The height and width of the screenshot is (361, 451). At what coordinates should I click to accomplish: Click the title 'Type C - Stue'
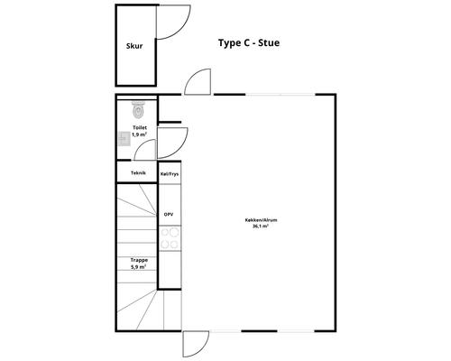[249, 43]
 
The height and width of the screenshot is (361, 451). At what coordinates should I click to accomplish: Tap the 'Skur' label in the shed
[134, 46]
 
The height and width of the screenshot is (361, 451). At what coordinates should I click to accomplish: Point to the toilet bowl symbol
[138, 110]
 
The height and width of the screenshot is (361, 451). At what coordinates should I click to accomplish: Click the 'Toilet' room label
[140, 127]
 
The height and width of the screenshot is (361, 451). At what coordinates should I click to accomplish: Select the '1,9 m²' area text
[140, 134]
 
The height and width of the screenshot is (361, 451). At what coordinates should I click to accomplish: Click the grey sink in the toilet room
[124, 139]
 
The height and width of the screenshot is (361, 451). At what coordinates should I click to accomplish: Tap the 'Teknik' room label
[138, 173]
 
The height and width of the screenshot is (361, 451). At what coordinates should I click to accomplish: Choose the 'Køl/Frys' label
[170, 174]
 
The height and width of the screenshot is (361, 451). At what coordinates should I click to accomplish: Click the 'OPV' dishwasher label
[169, 215]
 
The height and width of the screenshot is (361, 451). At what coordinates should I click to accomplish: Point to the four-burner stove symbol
[170, 238]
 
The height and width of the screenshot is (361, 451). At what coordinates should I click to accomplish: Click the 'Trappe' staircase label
[139, 260]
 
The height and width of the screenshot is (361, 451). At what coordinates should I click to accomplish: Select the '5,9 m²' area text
[139, 267]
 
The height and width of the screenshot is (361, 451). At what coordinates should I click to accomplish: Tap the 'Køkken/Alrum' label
[261, 220]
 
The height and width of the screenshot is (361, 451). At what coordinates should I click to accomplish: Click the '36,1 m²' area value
[261, 227]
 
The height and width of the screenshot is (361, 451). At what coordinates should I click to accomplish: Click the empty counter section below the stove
[170, 270]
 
